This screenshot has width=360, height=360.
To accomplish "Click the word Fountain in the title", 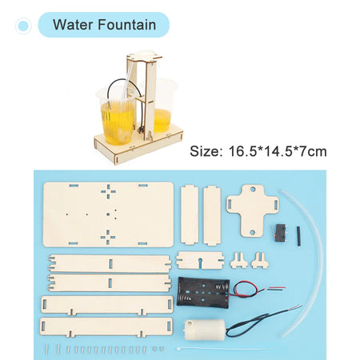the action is click(127, 25).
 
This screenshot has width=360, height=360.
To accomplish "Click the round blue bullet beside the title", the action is click(23, 26).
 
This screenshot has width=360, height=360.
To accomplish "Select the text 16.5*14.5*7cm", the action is click(278, 151).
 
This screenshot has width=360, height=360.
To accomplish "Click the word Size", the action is click(206, 151).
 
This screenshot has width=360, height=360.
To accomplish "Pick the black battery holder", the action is click(203, 293).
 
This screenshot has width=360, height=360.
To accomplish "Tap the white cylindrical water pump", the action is click(205, 330).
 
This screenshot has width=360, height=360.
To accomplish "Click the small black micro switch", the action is click(280, 233).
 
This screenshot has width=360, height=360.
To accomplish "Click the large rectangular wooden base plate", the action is click(108, 214).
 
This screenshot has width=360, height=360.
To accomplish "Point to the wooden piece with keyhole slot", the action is click(200, 260).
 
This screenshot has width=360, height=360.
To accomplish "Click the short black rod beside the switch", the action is click(298, 236).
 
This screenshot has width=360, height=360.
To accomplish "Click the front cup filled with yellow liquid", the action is click(118, 118).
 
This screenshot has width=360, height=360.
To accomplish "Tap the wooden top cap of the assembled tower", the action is click(144, 57).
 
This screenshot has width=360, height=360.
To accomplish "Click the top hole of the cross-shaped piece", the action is click(253, 190).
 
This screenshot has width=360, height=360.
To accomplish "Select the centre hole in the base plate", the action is click(108, 214).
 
